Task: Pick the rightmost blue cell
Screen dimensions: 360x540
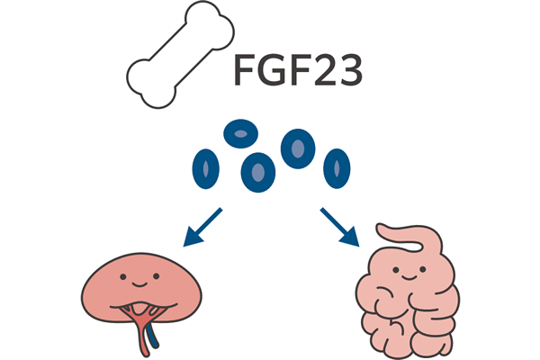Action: tap(337, 166)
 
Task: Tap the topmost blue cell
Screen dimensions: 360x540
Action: tap(239, 135)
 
